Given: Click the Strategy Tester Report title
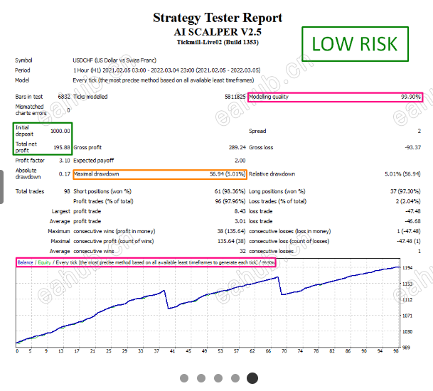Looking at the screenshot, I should (x=218, y=18).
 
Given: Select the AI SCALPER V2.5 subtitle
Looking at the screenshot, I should (x=218, y=32).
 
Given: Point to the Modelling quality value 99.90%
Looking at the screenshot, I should (x=410, y=97).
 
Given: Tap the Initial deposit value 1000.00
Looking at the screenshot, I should (x=60, y=131).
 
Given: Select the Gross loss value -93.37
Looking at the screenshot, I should (x=410, y=147).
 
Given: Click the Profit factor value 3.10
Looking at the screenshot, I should (x=63, y=161).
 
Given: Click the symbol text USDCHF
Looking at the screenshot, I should (x=84, y=60).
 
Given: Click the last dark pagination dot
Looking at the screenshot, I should (x=252, y=378).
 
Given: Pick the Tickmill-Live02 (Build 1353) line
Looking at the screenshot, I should (x=218, y=43).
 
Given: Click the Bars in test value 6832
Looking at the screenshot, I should (x=64, y=97).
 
